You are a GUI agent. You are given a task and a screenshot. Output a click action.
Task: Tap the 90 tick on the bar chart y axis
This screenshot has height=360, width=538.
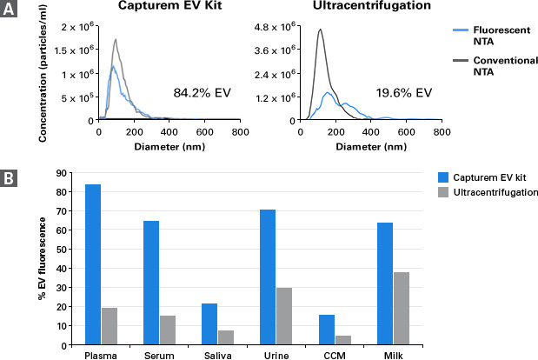(x=61, y=173)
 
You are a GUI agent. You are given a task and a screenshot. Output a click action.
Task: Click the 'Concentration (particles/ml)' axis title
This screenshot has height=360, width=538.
(x=43, y=73)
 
